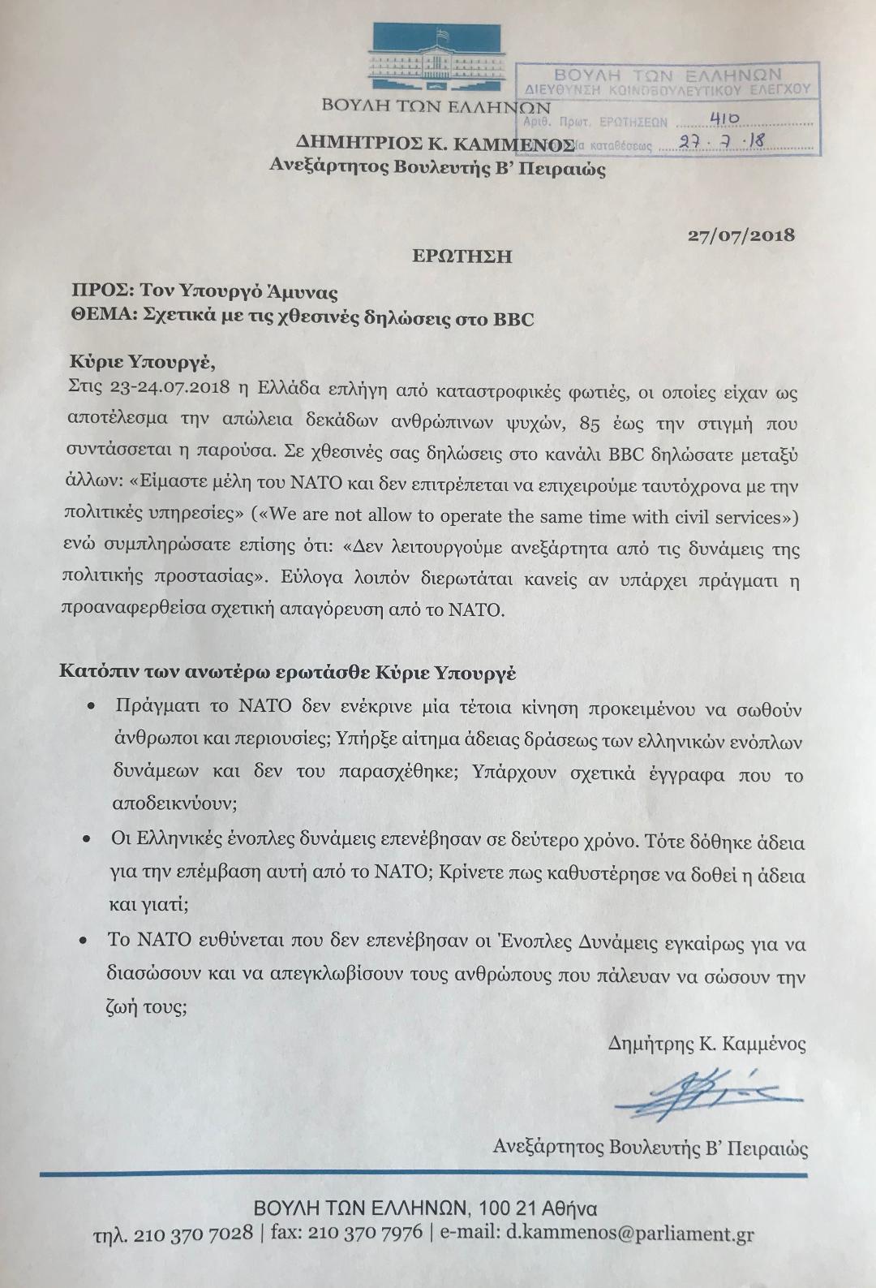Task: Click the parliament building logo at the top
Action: click(436, 58)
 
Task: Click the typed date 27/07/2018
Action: click(741, 235)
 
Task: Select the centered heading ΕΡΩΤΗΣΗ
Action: click(462, 256)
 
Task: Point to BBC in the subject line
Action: click(513, 318)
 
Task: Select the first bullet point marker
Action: click(91, 706)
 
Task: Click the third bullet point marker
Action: click(82, 941)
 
